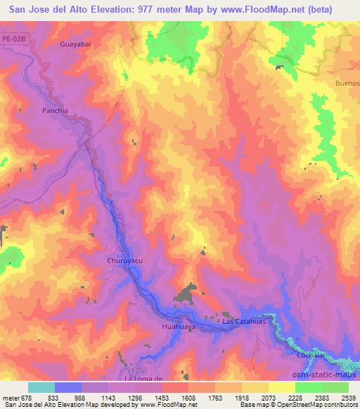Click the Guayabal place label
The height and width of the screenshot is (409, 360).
[77, 44]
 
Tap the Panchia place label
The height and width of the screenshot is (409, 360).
[55, 110]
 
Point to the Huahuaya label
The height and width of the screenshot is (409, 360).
[178, 327]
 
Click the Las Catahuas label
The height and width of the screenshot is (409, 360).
[243, 321]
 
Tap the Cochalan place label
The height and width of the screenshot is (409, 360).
[310, 356]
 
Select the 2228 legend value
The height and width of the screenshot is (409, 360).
[295, 397]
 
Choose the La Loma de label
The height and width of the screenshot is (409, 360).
[143, 379]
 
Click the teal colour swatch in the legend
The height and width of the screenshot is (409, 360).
[41, 387]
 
